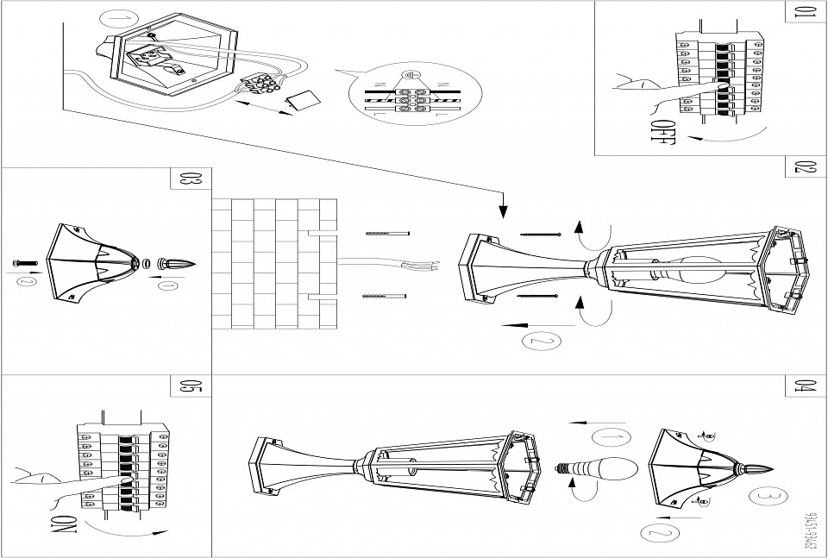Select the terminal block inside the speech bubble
pyautogui.click(x=411, y=100)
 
